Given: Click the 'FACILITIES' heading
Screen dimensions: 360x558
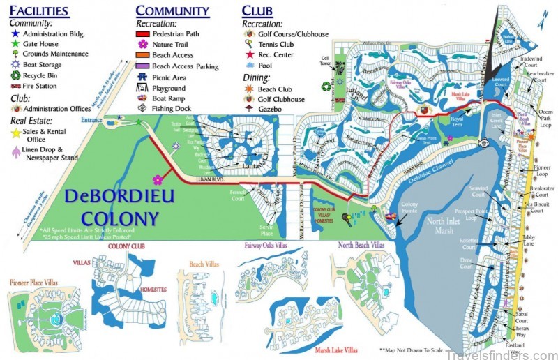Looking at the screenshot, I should tap(39, 11).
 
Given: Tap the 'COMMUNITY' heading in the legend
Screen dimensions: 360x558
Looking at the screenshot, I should tap(172, 10).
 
